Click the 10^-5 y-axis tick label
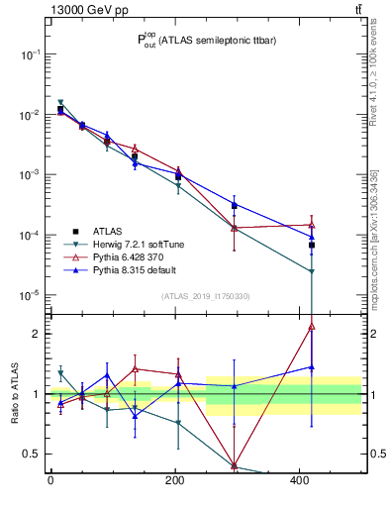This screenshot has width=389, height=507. (30, 295)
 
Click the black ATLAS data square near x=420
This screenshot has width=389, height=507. (312, 245)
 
